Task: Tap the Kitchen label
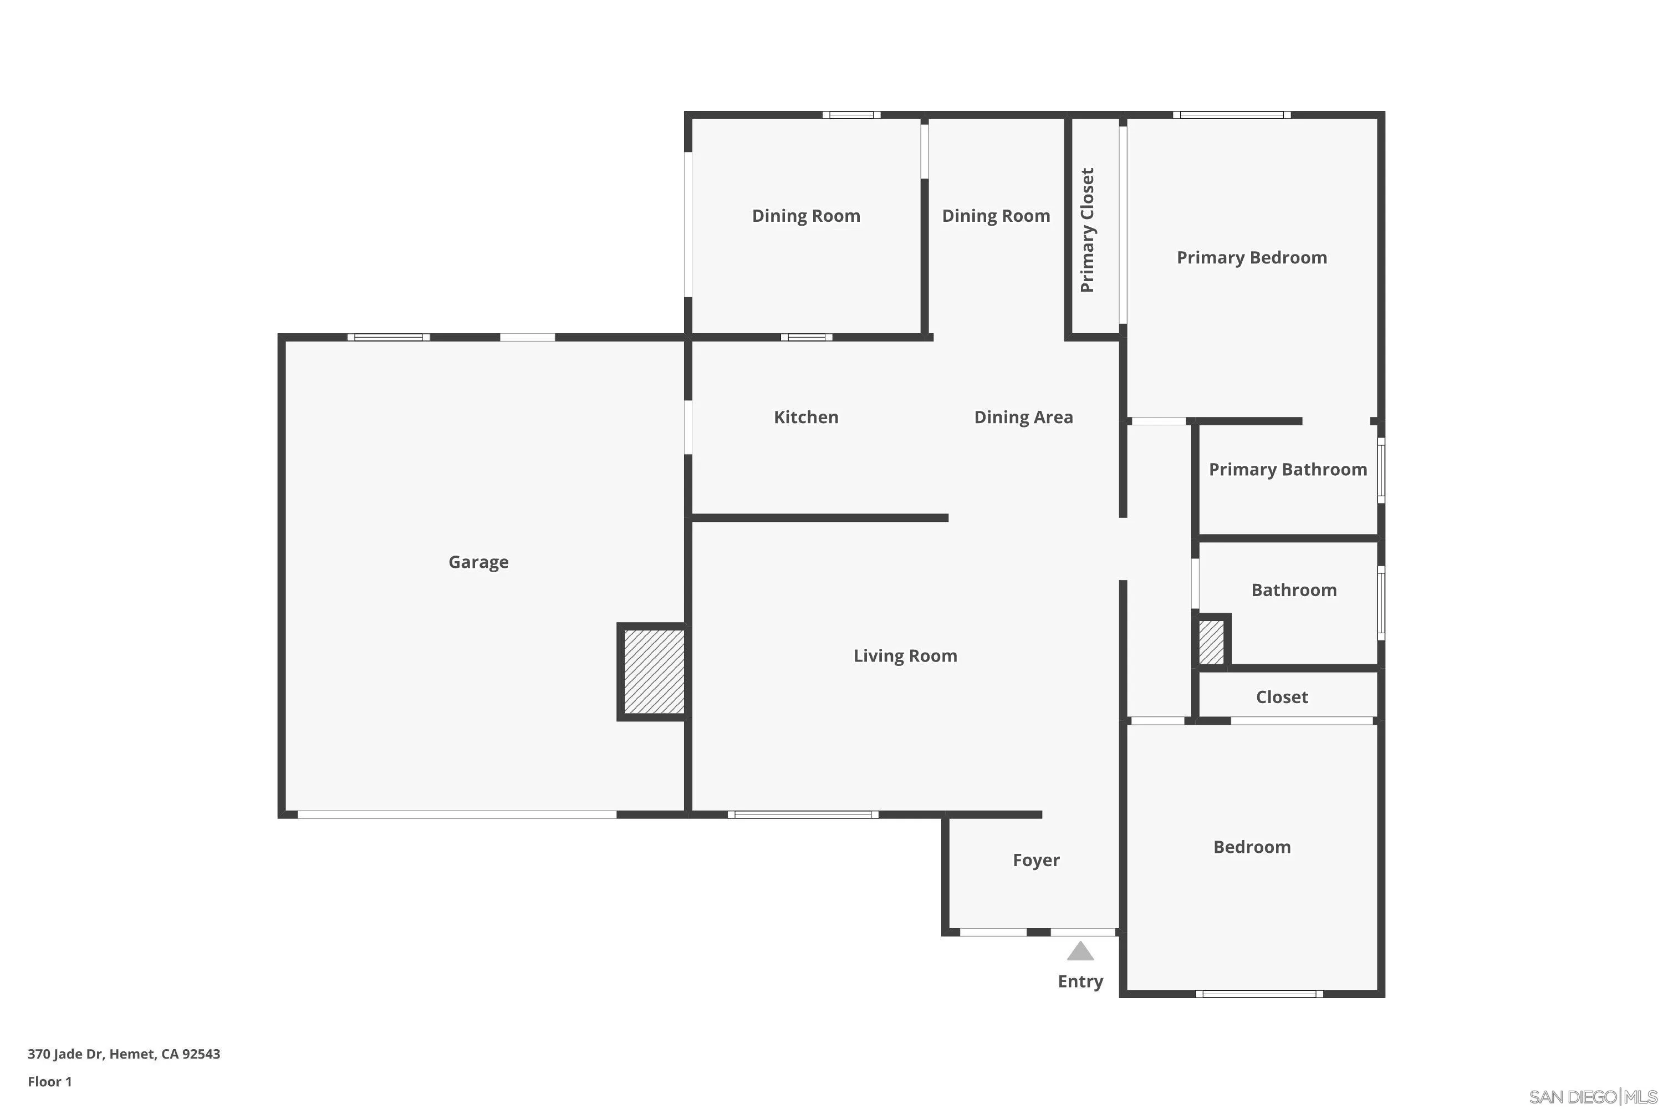click(806, 418)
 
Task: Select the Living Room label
click(905, 655)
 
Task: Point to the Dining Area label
click(1023, 418)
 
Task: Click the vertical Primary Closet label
click(1088, 230)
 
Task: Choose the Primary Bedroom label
click(1252, 257)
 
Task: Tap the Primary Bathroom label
click(1288, 470)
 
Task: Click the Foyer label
click(1036, 860)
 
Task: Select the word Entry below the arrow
click(1080, 981)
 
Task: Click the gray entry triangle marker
click(1080, 952)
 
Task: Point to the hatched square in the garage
click(654, 672)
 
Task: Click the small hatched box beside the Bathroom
click(1211, 642)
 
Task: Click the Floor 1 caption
click(49, 1081)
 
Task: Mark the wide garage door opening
click(457, 815)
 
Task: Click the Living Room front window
click(803, 815)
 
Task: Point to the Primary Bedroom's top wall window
click(1232, 115)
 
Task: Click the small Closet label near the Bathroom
click(1282, 698)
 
